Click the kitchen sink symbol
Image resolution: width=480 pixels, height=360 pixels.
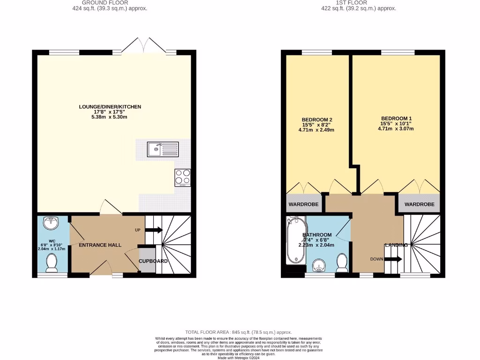click(162, 150)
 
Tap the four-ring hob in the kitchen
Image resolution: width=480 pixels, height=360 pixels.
click(183, 177)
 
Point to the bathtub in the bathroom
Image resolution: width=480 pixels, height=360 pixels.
click(296, 240)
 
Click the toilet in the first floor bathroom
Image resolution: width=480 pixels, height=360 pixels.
click(342, 264)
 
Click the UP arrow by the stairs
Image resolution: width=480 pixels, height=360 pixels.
click(154, 230)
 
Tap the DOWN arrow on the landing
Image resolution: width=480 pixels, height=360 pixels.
click(393, 259)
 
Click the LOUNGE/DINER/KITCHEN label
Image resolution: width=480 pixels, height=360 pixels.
click(110, 107)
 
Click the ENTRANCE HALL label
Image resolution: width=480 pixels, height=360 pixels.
click(100, 245)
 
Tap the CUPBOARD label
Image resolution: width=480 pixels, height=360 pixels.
click(153, 261)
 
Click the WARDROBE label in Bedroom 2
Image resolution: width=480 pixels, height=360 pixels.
click(303, 204)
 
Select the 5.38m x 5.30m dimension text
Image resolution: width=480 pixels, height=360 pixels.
click(110, 117)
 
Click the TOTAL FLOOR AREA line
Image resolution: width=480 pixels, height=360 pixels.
click(239, 331)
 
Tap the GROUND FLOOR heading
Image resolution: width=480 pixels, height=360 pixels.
click(98, 2)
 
